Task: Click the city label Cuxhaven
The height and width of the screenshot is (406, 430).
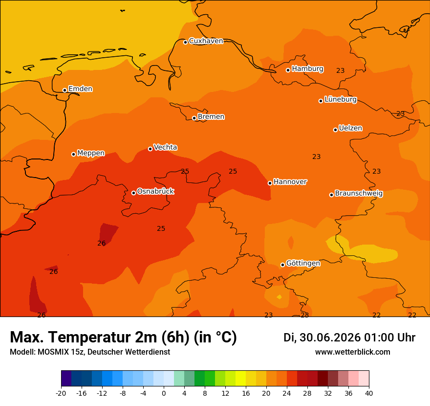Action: [x=206, y=41]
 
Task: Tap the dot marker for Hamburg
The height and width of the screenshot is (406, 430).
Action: [x=288, y=70]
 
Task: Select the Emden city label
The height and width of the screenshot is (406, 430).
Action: [x=80, y=89]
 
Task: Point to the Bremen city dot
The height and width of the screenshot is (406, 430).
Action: [x=194, y=118]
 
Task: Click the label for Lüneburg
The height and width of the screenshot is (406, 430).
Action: [x=341, y=99]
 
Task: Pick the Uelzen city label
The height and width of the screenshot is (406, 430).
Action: [x=350, y=128]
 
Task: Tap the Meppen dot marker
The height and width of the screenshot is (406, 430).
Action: [x=73, y=154]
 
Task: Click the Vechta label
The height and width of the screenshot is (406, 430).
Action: [x=165, y=147]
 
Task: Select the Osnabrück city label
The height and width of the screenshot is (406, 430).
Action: [x=155, y=191]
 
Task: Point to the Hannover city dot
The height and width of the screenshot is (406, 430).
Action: [x=270, y=183]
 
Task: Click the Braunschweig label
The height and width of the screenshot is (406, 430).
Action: [x=359, y=194]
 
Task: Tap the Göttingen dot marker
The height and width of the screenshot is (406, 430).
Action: [x=282, y=265]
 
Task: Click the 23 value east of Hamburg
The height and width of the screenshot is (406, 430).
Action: [x=340, y=70]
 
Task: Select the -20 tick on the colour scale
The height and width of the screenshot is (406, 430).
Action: [x=61, y=393]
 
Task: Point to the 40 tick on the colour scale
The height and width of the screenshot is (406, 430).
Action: [x=369, y=393]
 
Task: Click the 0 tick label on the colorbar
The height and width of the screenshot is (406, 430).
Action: [x=164, y=393]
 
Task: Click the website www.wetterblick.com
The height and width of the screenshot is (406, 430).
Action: [x=353, y=352]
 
